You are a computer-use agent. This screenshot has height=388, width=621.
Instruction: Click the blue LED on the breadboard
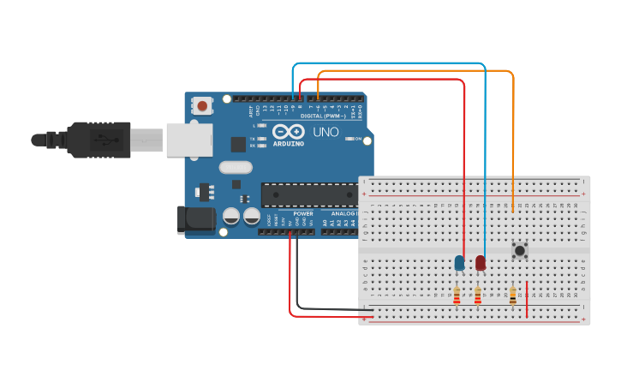459,262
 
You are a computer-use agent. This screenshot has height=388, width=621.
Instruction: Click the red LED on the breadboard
481,262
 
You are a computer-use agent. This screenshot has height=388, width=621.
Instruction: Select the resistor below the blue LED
457,295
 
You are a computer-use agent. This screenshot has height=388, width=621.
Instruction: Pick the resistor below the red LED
477,295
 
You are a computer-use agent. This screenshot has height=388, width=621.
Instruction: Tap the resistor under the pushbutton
512,295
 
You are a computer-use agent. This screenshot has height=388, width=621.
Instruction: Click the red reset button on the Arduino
202,106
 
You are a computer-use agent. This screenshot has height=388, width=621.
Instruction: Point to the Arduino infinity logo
289,132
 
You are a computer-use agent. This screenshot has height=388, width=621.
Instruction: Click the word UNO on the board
325,133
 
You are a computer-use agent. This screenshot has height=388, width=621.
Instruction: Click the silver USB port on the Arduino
188,140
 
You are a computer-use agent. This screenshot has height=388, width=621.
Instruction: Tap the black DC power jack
195,219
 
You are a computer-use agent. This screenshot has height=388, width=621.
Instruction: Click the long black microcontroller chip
309,194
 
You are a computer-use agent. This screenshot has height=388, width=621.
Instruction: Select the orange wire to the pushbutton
513,120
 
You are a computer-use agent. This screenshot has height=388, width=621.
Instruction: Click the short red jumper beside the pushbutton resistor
527,299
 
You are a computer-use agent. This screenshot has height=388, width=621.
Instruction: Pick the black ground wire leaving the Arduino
297,283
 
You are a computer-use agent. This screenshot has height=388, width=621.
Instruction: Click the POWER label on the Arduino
303,213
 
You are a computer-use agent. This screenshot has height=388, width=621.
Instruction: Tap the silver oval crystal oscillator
236,168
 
